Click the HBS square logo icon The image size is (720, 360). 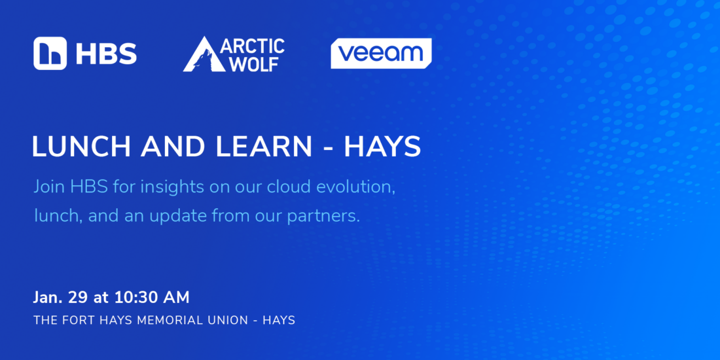[50, 53]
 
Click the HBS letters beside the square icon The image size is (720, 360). [106, 54]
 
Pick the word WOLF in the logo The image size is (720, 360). [254, 64]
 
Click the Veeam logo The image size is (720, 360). [381, 54]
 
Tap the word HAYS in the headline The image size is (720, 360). [382, 147]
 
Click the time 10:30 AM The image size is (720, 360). [152, 298]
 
